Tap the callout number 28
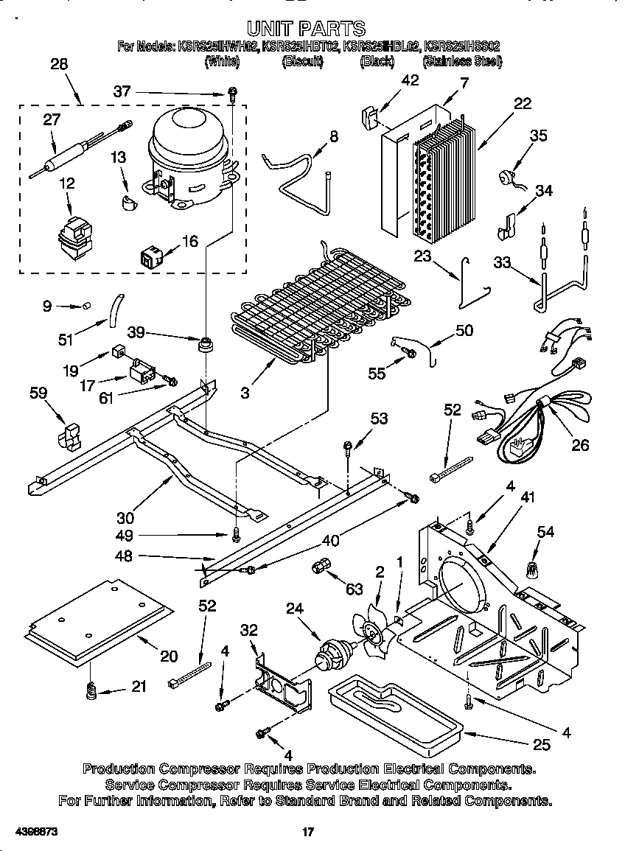point(59,64)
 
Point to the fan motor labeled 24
point(334,653)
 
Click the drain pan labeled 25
point(398,707)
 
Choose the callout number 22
point(522,104)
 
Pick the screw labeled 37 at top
point(233,94)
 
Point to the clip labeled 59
point(69,436)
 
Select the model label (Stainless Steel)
point(462,62)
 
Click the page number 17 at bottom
point(309,832)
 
